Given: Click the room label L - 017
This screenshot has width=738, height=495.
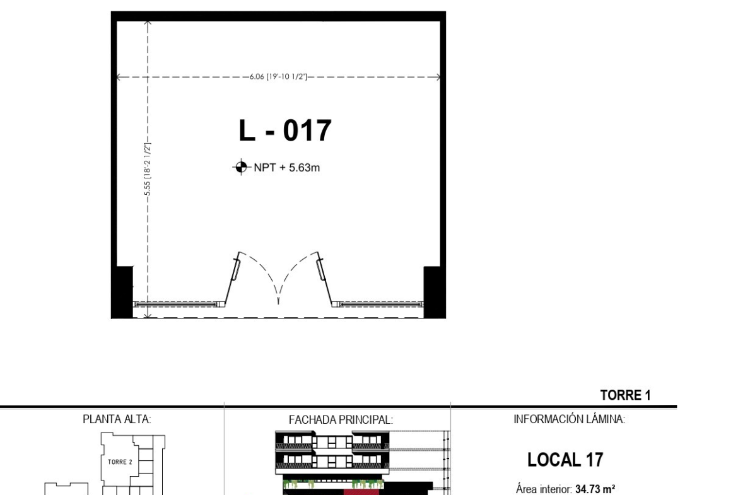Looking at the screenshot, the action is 285,131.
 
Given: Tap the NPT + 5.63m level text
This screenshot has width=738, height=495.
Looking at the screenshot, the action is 286,168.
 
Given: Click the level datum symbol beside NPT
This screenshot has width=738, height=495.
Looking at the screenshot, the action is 241,167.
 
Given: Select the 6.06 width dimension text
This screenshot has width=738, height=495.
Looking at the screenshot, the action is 278,77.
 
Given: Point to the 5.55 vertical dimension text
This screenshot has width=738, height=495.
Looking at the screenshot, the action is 148,170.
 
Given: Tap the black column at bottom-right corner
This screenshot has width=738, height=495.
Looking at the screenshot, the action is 434,292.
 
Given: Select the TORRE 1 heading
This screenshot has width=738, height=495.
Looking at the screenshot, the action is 626,395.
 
